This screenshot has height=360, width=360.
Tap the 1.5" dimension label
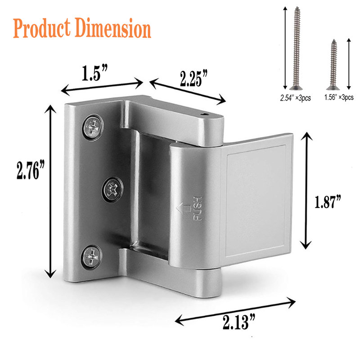pos(94,73)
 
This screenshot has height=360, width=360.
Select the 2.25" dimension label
pos(193,78)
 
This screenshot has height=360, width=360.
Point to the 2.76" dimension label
pos(31,170)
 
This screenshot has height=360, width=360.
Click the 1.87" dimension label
pos(328,201)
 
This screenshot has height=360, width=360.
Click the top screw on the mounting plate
pos(93,127)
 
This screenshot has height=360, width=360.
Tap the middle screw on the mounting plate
pos(112,189)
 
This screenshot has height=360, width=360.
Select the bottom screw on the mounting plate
pos(92,257)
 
